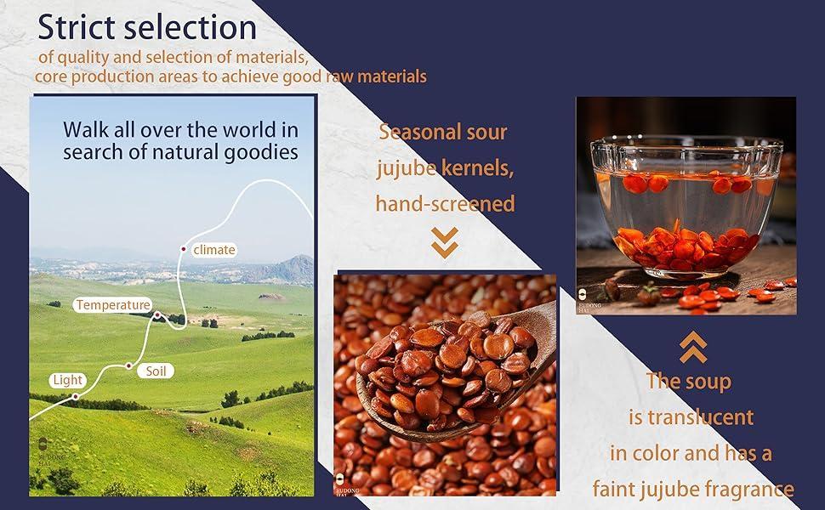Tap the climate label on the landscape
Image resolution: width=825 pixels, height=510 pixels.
(x=214, y=250)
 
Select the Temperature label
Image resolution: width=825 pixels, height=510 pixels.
(x=112, y=305)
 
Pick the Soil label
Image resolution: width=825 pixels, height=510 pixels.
(x=156, y=371)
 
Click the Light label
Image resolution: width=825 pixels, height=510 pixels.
(x=68, y=380)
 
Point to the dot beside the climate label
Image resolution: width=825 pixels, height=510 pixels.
(x=183, y=249)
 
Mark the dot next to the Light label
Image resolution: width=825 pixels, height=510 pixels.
(x=75, y=396)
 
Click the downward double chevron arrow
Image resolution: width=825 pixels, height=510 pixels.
(x=445, y=242)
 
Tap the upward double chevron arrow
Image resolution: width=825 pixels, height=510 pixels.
(x=693, y=347)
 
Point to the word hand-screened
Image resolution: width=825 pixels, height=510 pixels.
(x=445, y=204)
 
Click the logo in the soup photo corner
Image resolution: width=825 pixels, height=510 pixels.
(x=583, y=295)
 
